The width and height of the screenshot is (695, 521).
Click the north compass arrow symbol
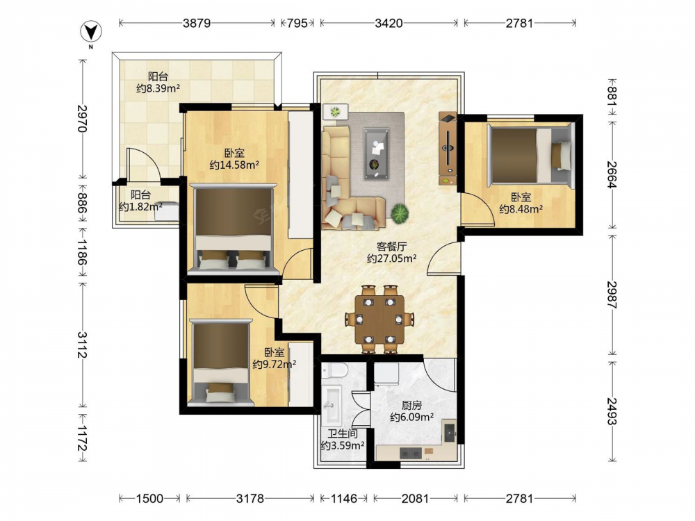(91, 31)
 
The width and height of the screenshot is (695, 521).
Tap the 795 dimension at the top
(297, 23)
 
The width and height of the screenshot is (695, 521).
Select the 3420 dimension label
(389, 23)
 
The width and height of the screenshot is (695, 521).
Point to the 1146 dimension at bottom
(344, 499)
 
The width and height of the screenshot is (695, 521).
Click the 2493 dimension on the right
(612, 411)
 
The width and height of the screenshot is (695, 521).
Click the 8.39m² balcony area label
(158, 88)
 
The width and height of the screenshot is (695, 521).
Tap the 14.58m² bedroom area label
(234, 165)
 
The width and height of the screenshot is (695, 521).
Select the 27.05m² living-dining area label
(392, 258)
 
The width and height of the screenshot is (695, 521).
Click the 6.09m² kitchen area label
(411, 417)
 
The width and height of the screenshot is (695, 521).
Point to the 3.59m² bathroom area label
(343, 446)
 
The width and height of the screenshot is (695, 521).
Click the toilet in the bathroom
(335, 370)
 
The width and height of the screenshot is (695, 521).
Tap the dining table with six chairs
(380, 320)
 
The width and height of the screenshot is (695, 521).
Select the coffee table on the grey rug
(376, 154)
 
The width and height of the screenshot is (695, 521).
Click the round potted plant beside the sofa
(400, 213)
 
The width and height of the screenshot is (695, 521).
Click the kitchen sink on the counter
(450, 431)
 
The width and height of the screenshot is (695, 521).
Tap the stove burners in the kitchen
(411, 453)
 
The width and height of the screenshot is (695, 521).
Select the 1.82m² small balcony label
(140, 206)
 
